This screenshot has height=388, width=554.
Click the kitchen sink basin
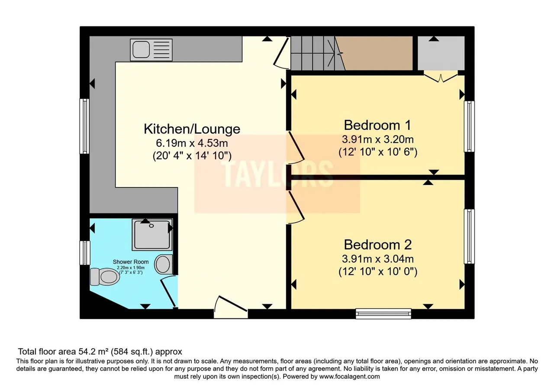(x=141, y=49)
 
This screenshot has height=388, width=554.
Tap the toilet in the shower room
(x=105, y=277)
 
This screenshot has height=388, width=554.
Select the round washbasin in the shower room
(x=163, y=264)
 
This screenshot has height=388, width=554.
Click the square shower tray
(x=152, y=235)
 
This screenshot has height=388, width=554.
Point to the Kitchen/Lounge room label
(x=192, y=129)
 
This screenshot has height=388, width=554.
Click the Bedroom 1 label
(x=377, y=125)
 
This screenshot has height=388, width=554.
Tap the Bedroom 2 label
(x=378, y=245)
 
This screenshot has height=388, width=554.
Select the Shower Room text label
(x=131, y=262)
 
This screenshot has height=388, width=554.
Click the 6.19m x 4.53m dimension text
(x=192, y=143)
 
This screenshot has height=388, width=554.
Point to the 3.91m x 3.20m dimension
(x=378, y=139)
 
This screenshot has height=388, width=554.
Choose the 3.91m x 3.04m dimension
(x=378, y=259)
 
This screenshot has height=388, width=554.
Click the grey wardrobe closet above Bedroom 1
(x=441, y=53)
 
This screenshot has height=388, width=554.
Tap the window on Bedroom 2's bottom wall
(x=383, y=314)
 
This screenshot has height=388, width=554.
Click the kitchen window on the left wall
(x=84, y=126)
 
